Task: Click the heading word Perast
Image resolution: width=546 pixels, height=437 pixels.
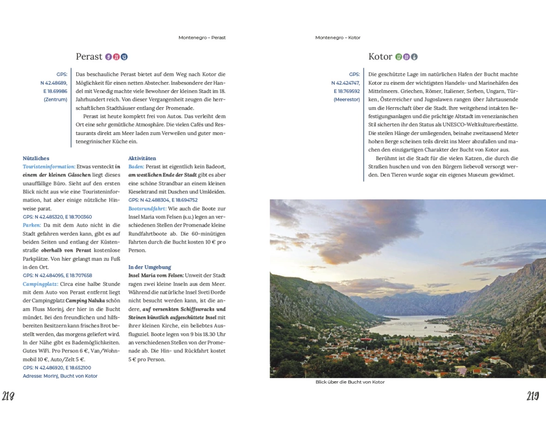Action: point(89,56)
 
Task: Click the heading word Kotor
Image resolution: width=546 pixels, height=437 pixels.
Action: point(381,56)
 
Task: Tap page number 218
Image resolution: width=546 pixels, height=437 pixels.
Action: point(8,397)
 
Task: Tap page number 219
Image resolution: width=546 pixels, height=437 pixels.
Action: point(533,397)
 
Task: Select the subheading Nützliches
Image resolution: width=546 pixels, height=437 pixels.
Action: point(36,158)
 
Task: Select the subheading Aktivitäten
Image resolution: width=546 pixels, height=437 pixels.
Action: point(142,158)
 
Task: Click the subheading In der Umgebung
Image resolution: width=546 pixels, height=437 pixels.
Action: point(150,267)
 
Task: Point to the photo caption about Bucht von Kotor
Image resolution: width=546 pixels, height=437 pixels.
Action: point(350,382)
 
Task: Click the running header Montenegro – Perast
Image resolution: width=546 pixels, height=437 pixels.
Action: point(202,38)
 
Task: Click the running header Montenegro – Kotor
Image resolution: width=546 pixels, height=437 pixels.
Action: point(338,38)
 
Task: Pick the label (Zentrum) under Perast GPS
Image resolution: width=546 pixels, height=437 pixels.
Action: point(55,99)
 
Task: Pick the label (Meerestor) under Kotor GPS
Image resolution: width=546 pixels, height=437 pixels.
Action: point(347,99)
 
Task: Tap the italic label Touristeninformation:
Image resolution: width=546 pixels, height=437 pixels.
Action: point(49,167)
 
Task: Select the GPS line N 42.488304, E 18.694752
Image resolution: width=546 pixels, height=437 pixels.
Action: point(163,200)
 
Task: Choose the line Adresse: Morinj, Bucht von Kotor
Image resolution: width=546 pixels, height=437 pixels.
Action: point(60,376)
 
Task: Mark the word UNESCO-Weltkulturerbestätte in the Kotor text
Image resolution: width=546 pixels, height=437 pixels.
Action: point(468,125)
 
